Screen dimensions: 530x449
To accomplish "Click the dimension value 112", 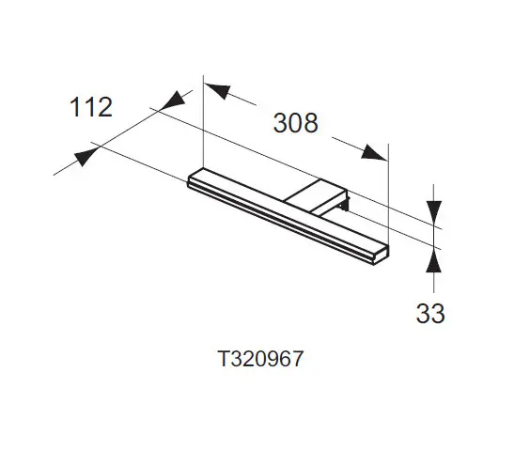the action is [x=91, y=107].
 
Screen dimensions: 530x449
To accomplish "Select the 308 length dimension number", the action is [x=295, y=123].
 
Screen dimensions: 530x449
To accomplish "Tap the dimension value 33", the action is [x=430, y=314].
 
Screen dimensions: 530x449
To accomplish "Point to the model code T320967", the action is [x=260, y=359].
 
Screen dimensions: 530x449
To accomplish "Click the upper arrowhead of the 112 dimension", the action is [x=174, y=101].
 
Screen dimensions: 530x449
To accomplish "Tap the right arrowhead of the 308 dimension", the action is [x=373, y=153].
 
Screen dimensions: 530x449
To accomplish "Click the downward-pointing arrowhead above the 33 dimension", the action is [x=433, y=211].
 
